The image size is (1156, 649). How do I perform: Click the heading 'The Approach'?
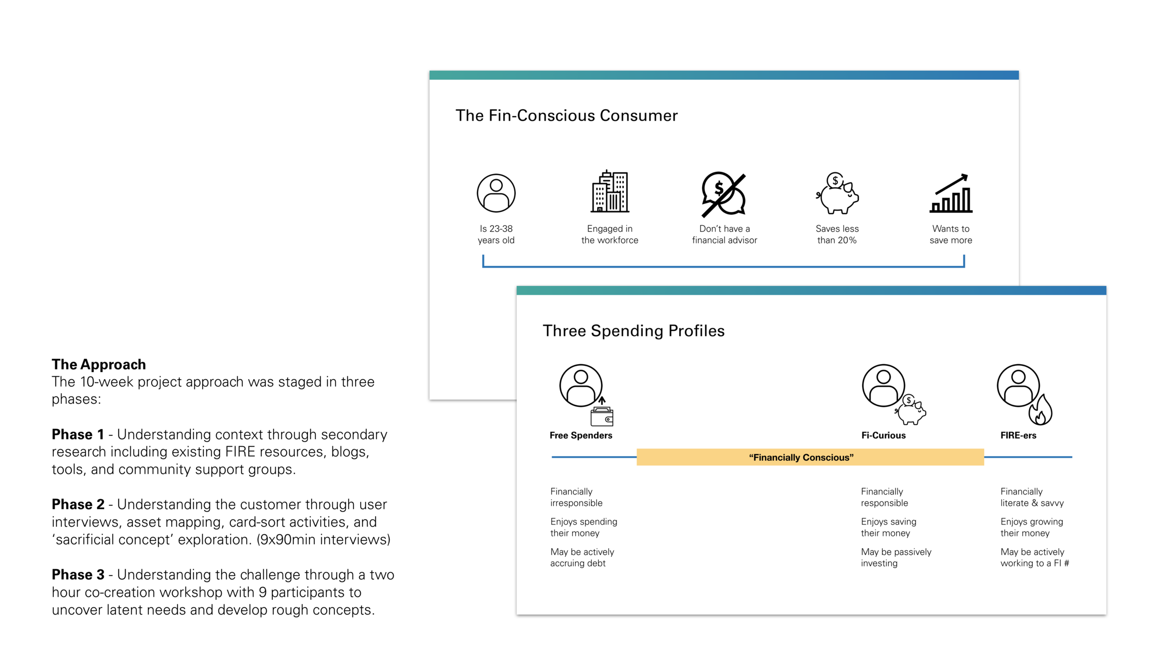98,365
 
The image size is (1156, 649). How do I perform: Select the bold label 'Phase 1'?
78,434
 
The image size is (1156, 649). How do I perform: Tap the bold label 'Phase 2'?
78,504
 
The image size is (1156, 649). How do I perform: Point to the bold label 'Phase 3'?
78,575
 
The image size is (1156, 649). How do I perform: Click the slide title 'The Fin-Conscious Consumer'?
566,116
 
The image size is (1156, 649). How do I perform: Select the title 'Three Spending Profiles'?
633,331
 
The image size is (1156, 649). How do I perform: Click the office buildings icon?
610,191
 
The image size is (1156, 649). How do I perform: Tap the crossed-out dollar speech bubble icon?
724,194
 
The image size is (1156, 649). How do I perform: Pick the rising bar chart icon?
951,193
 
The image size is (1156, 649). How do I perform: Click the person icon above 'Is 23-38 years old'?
496,193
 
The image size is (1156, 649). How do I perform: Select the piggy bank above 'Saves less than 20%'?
837,193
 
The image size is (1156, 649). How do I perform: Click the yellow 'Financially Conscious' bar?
810,457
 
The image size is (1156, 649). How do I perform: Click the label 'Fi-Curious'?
883,435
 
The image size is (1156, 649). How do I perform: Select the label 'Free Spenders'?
581,435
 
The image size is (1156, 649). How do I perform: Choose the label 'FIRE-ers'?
1018,435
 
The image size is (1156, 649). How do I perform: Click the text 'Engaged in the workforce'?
610,234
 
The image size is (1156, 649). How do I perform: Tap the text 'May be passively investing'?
896,557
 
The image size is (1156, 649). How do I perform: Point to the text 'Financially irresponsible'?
576,497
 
